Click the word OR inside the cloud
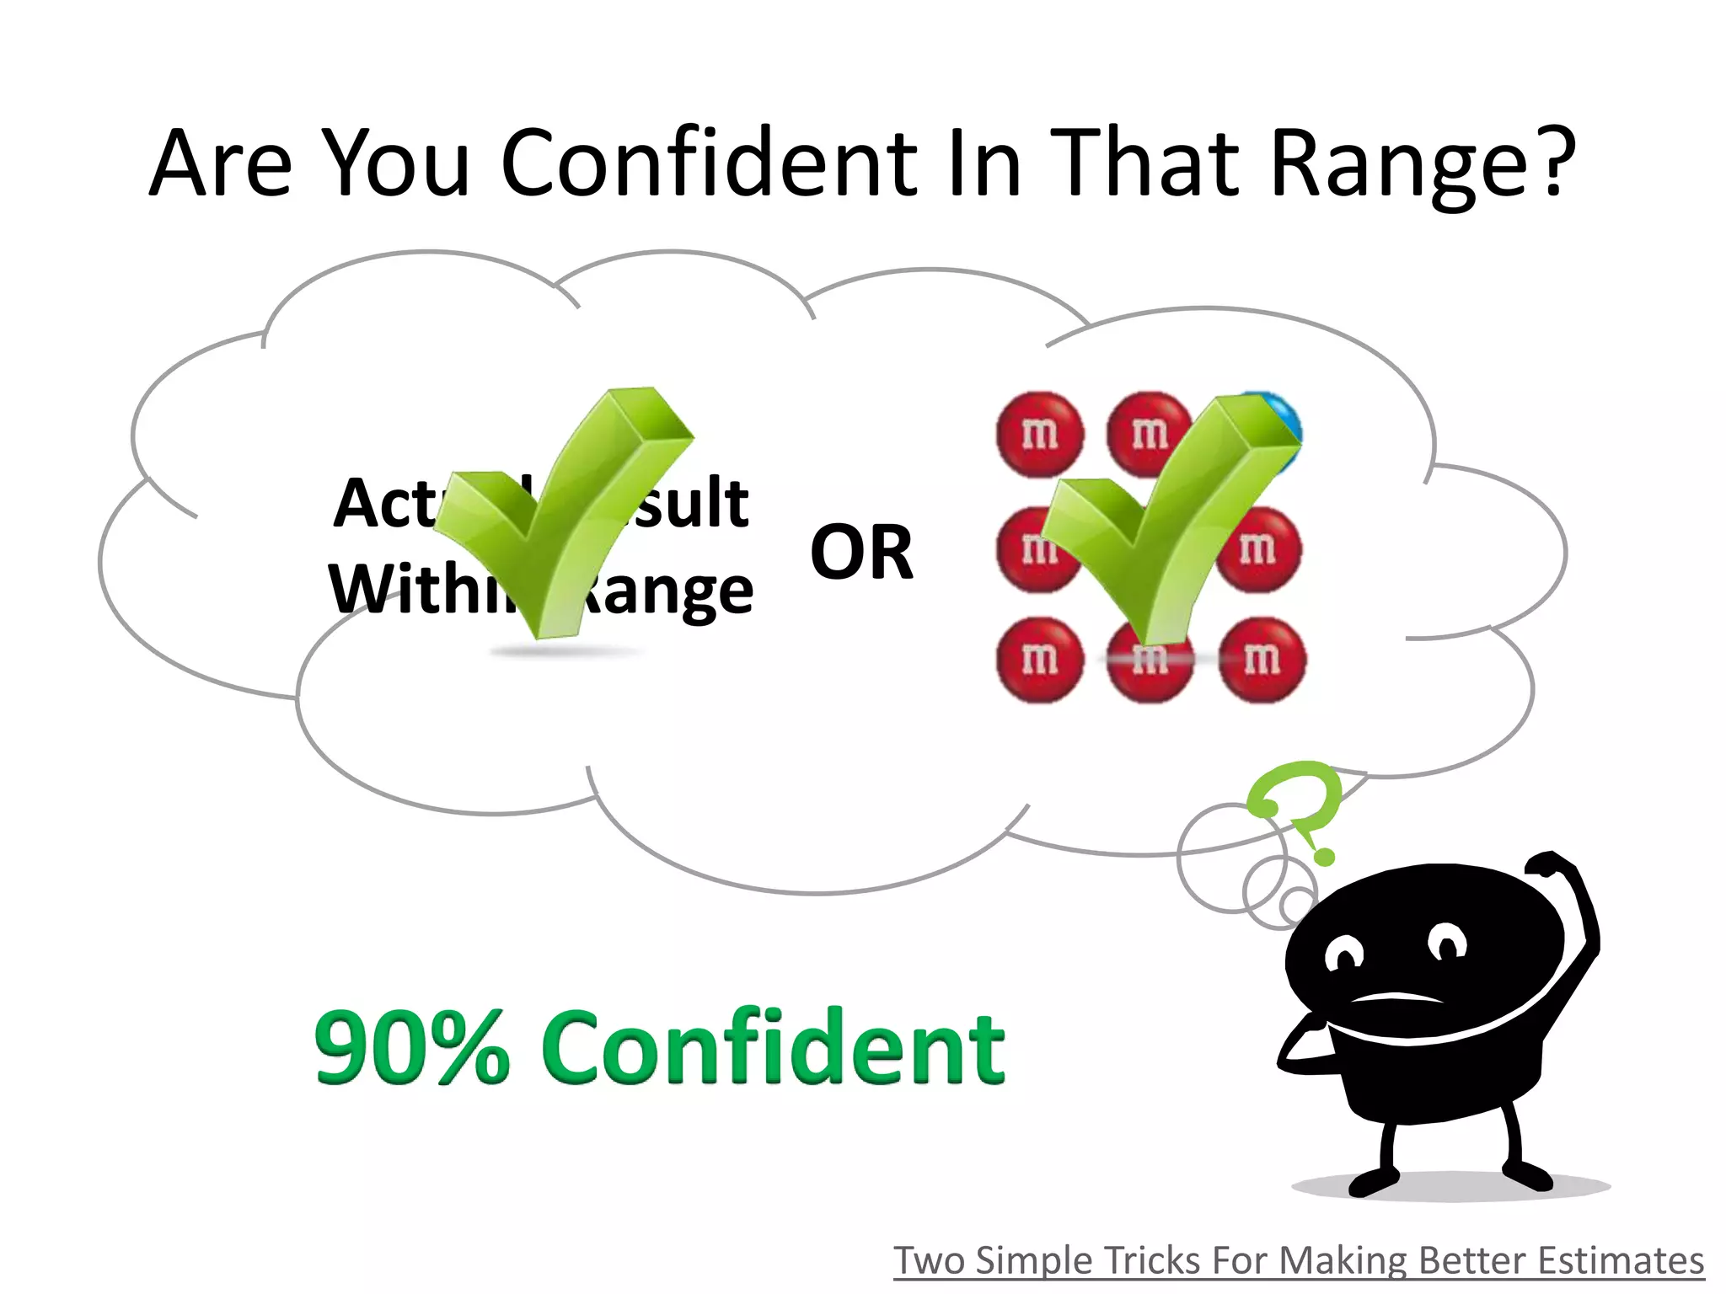[x=861, y=553]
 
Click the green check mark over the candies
[x=1167, y=514]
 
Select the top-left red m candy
[x=1039, y=435]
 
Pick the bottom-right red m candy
[x=1262, y=660]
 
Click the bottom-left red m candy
[x=1039, y=660]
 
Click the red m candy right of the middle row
[x=1258, y=549]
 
